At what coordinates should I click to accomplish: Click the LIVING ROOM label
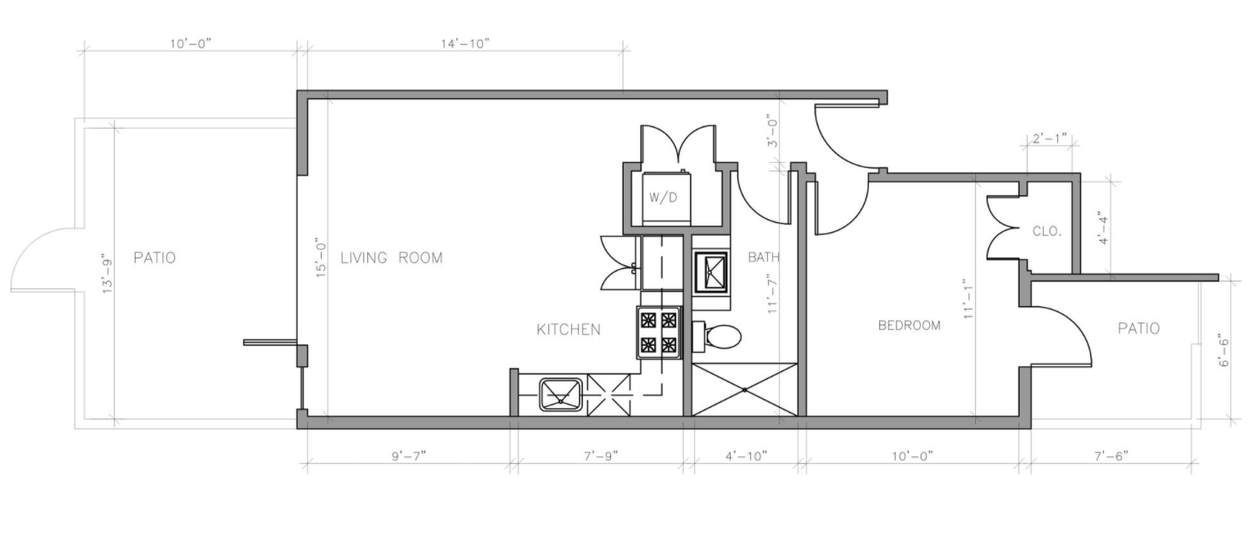coord(391,258)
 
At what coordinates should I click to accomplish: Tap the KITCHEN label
coord(568,330)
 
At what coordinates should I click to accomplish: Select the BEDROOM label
coord(910,326)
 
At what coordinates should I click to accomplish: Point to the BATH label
coord(764,258)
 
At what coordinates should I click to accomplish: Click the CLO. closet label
coord(1046,231)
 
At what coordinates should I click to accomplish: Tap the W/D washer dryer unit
coord(666,198)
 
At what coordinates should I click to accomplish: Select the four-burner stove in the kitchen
coord(658,332)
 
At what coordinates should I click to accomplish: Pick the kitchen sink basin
coord(560,394)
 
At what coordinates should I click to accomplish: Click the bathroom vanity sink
coord(711,272)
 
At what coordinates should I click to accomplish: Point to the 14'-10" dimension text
coord(465,44)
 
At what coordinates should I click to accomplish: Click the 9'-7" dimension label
coord(409,456)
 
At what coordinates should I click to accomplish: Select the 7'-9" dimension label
coord(601,456)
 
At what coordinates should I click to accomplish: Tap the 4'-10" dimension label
coord(746,456)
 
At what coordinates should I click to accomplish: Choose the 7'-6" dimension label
coord(1111,456)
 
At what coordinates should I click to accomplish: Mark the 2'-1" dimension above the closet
coord(1050,138)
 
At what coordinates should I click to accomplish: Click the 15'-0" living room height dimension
coord(321,257)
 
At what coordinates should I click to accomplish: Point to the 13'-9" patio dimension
coord(107,274)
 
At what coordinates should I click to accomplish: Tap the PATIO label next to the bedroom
coord(1139,329)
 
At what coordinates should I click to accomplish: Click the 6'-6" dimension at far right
coord(1224,351)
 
